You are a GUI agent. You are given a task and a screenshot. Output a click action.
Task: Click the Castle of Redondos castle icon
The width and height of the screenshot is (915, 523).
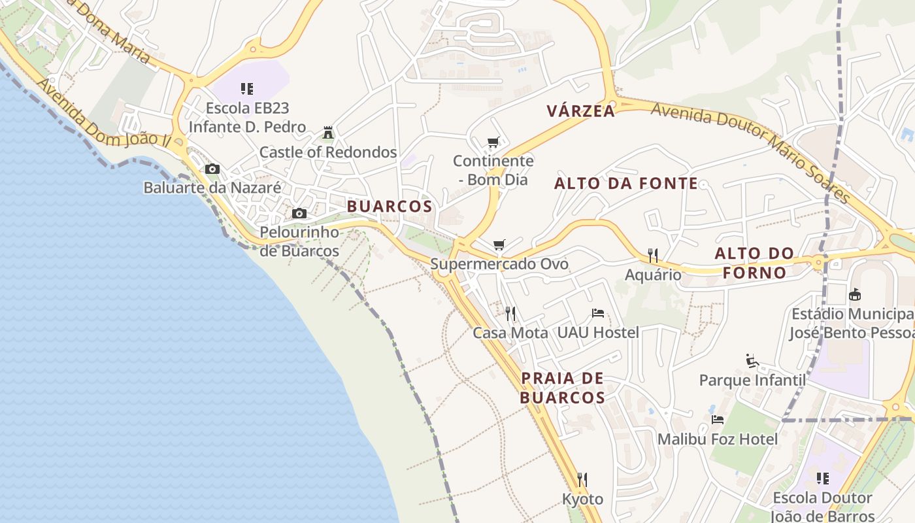328,133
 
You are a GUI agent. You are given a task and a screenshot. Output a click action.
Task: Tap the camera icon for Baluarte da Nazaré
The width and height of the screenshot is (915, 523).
212,169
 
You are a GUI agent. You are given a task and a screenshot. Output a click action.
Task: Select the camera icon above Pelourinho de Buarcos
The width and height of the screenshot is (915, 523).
299,214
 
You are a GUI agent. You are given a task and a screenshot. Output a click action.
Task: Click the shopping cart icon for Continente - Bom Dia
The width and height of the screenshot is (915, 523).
493,143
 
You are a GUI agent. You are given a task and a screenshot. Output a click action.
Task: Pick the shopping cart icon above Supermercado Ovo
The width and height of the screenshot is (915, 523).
499,245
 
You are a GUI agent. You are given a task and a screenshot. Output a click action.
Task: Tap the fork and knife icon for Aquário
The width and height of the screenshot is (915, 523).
652,255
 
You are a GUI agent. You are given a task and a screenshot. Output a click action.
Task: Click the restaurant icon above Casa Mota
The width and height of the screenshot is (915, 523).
510,314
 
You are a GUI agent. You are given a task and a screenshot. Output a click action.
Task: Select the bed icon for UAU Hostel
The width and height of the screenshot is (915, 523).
597,314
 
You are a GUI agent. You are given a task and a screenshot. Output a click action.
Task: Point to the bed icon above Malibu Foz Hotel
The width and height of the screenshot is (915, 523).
718,420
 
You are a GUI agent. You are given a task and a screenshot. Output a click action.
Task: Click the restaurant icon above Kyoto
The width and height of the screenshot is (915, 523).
582,480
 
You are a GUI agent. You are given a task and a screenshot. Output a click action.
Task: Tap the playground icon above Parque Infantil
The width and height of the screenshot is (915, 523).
752,361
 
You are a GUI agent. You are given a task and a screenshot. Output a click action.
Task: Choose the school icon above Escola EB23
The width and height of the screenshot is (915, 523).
247,89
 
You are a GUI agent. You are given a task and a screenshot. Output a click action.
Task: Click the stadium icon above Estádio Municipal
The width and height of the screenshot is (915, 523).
854,295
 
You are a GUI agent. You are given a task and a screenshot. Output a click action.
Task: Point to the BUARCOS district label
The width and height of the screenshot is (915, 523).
390,207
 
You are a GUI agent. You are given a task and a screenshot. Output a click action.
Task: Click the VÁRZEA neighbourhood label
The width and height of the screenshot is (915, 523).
581,111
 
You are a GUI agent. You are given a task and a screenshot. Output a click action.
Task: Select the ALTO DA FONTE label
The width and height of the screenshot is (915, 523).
626,184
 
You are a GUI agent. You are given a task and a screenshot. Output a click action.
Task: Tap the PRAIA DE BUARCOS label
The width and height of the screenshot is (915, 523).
563,388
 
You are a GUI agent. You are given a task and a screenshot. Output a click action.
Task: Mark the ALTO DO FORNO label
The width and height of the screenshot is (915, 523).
754,263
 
